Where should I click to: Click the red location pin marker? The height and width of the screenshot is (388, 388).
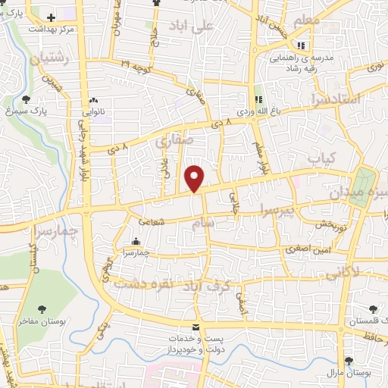[x=195, y=177]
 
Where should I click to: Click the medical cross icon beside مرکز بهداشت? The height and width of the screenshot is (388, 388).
[x=51, y=17]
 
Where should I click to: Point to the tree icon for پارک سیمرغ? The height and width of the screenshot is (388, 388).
[x=27, y=99]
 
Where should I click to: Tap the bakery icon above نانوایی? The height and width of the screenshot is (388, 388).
[x=93, y=100]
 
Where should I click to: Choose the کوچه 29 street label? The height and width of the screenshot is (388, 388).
[x=138, y=68]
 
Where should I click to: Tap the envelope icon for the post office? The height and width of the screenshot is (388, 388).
[x=196, y=327]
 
